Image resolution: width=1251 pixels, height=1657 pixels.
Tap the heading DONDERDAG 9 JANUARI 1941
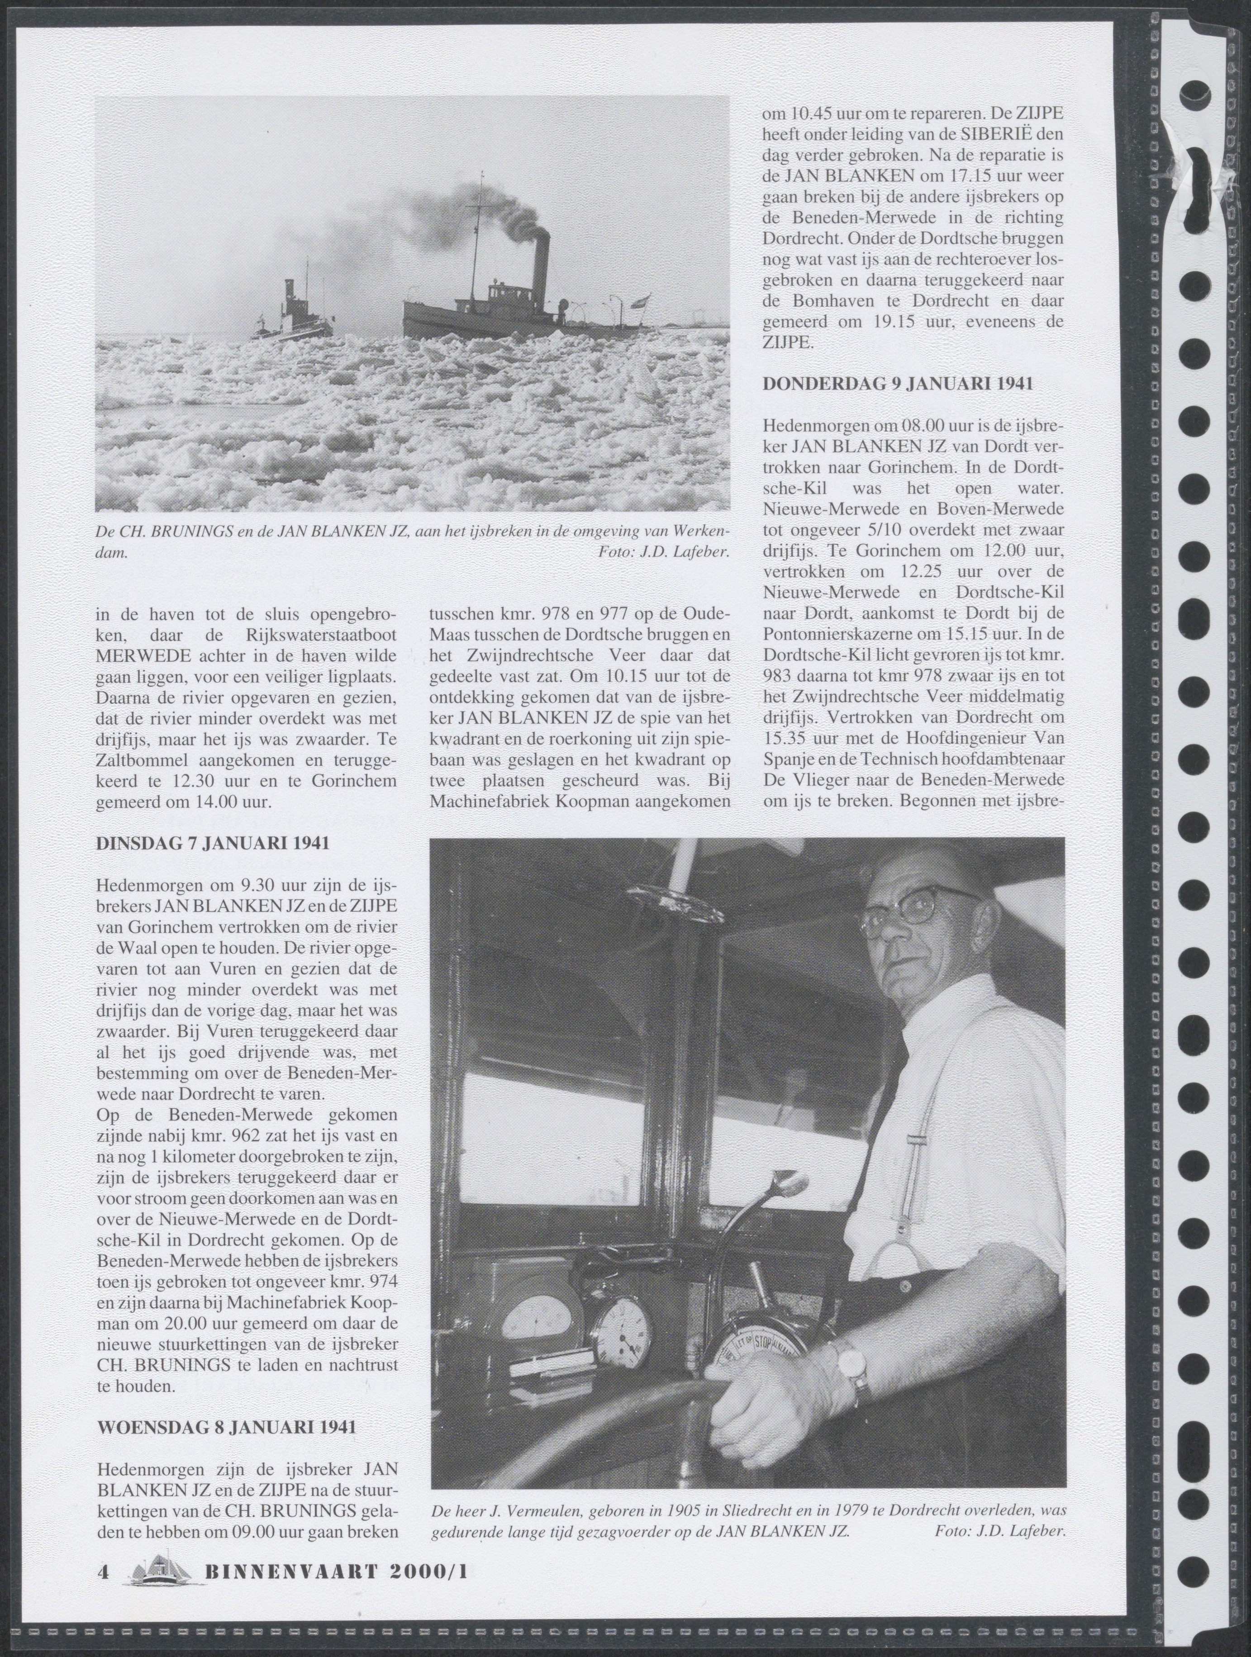[x=898, y=384]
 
